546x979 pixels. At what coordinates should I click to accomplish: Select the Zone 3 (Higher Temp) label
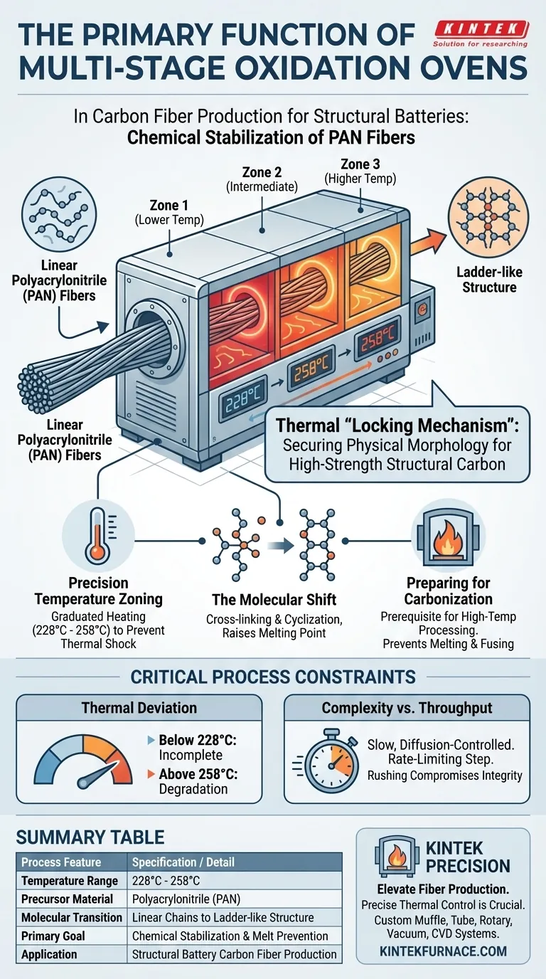coord(360,171)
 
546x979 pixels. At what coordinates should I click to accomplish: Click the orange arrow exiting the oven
coord(428,245)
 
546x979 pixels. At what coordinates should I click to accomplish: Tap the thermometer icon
coord(98,535)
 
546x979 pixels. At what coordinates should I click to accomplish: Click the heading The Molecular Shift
coord(274,599)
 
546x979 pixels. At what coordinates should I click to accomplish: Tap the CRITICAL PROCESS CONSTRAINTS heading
coord(273,677)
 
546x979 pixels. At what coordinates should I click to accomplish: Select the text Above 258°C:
coord(198,774)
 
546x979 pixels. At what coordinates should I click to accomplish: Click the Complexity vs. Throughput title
coord(407,708)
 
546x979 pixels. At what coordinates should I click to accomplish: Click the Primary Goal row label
coord(53,936)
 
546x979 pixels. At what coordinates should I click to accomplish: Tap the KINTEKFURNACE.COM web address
coord(443,951)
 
